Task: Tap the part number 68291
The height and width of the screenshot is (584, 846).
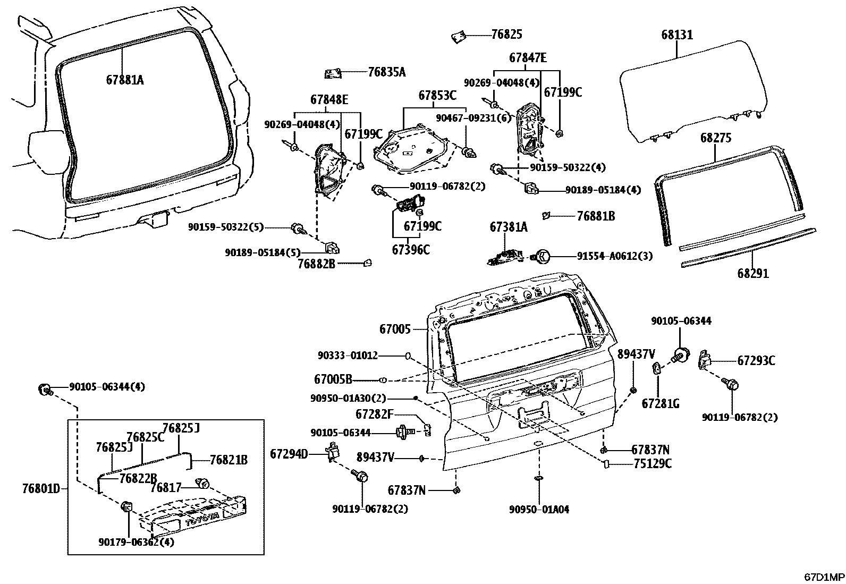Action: click(x=752, y=274)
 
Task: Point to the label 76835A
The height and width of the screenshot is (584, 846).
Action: click(x=386, y=72)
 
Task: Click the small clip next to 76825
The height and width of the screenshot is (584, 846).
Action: click(x=458, y=37)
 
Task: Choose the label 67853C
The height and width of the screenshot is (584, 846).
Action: click(x=437, y=96)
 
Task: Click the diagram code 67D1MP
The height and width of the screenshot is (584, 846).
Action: click(x=823, y=577)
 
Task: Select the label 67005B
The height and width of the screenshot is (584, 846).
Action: click(x=333, y=379)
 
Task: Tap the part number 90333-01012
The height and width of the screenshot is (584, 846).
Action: click(x=348, y=355)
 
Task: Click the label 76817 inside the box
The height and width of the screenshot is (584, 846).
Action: click(x=166, y=487)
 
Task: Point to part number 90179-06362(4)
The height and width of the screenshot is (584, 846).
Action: click(x=136, y=542)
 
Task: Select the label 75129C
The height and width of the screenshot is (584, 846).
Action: click(x=652, y=464)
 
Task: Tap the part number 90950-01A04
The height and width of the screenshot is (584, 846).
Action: click(x=539, y=509)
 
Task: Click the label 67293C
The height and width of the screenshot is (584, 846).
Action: click(x=756, y=361)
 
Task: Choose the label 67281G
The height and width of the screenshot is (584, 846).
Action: click(x=660, y=404)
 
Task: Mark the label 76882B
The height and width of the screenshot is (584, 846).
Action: click(x=316, y=263)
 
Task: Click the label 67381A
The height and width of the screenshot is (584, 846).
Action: click(x=508, y=227)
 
